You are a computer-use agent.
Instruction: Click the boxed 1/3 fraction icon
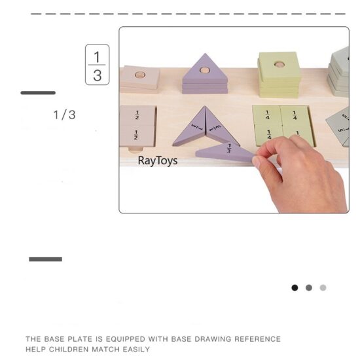[97, 65]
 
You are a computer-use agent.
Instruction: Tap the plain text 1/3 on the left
[64, 115]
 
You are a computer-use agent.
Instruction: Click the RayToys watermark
[157, 160]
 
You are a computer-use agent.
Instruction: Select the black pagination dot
[295, 287]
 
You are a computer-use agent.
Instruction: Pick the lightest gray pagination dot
[323, 287]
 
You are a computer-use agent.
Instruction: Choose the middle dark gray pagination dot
[309, 287]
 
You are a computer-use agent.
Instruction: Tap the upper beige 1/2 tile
[137, 115]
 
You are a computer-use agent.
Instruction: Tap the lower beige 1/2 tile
[137, 136]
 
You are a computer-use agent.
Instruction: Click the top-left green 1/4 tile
[267, 115]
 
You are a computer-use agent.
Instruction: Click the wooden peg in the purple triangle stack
[205, 69]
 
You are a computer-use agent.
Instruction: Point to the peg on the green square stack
[279, 65]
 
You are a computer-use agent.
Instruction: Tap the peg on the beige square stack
[139, 75]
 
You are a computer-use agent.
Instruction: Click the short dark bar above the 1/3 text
[38, 93]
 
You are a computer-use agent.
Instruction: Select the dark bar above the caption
[45, 259]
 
